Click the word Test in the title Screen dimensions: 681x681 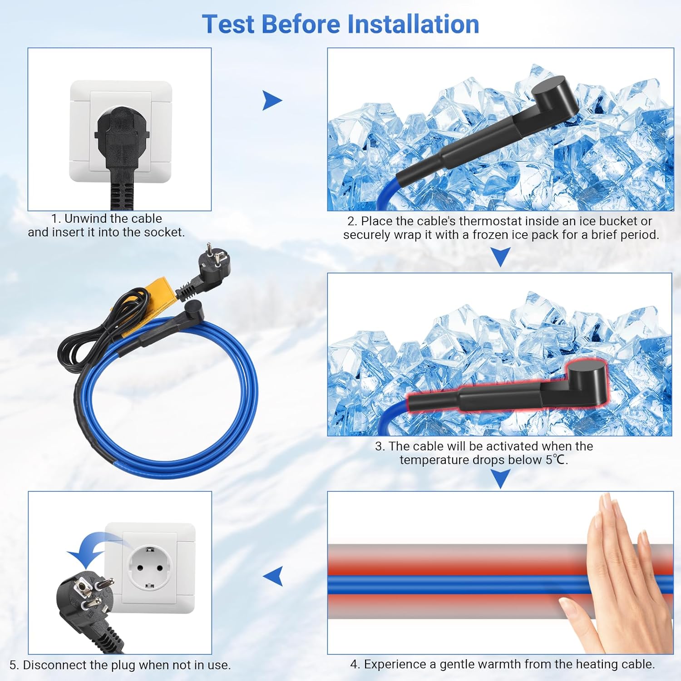228,24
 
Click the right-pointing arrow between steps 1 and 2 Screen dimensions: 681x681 272,100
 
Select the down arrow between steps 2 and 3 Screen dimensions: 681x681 501,256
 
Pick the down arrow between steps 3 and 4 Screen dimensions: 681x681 501,479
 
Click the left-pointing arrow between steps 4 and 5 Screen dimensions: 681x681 273,576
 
